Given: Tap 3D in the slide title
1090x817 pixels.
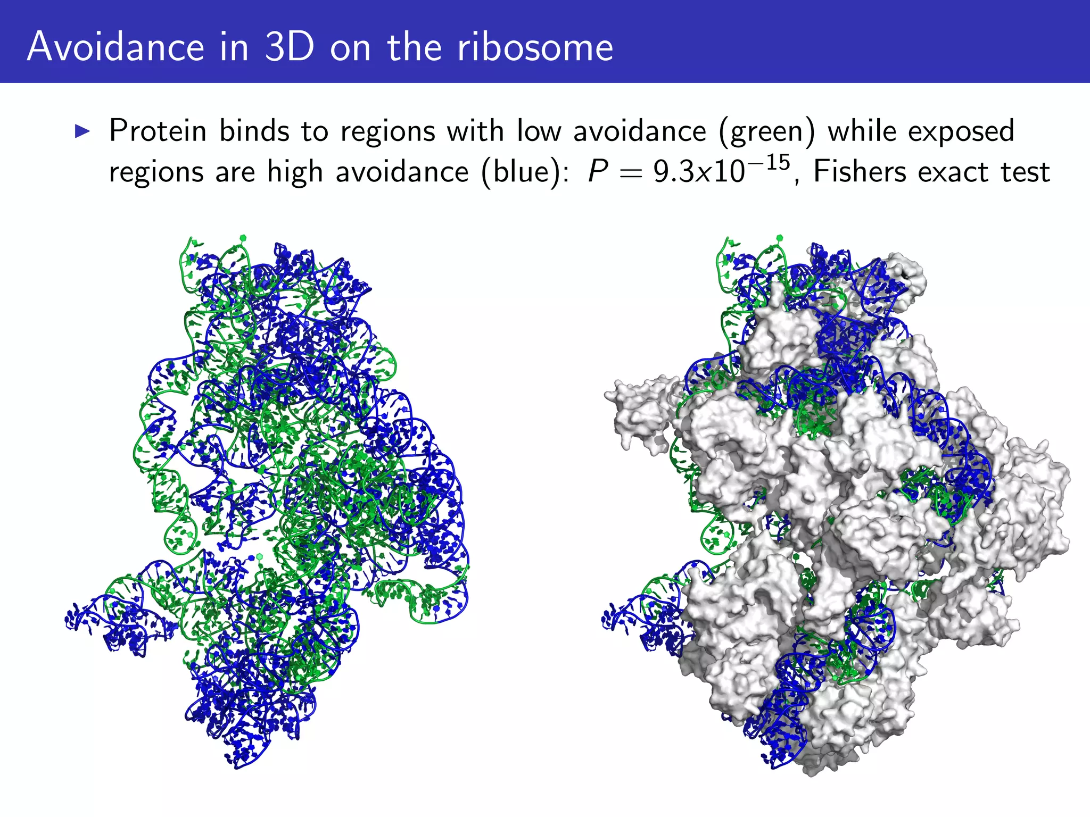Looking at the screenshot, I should click(289, 47).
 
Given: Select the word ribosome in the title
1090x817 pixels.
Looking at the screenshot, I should click(535, 47).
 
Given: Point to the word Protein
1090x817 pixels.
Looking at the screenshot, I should click(158, 131).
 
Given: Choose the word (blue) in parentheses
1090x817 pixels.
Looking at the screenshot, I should click(524, 172).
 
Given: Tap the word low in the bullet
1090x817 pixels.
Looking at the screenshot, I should click(539, 131).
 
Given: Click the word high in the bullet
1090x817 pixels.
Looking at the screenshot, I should click(295, 172).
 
